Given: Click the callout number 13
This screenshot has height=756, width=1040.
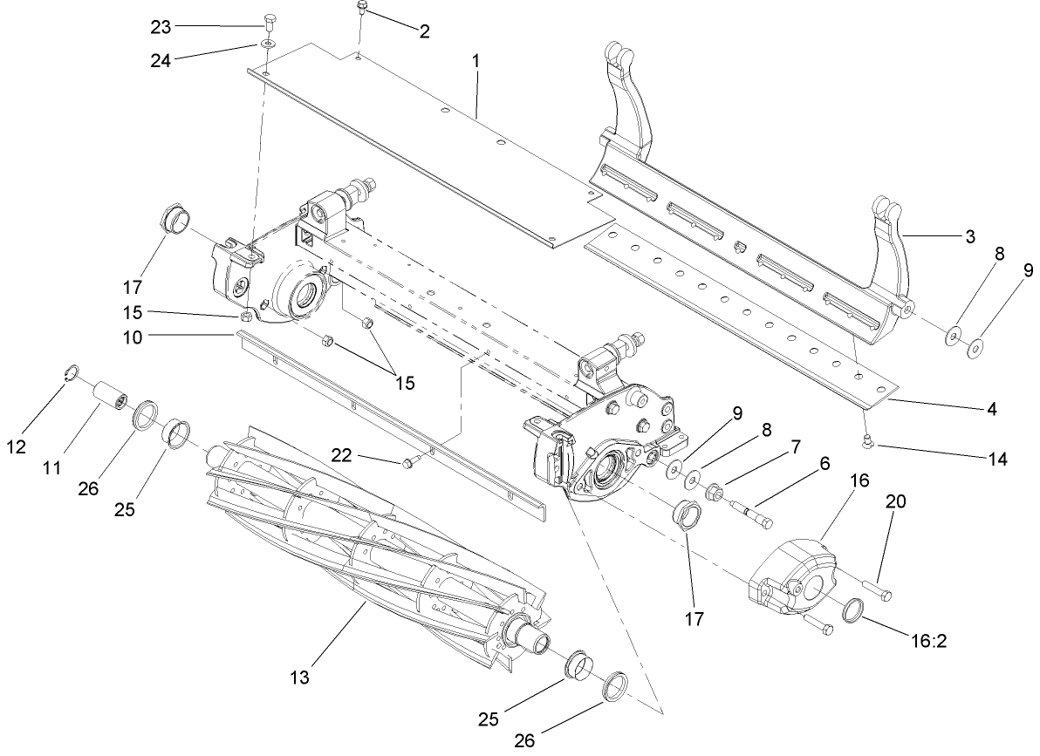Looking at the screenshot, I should click(x=301, y=677).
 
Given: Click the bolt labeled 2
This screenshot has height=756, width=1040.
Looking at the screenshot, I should click(x=361, y=10).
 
